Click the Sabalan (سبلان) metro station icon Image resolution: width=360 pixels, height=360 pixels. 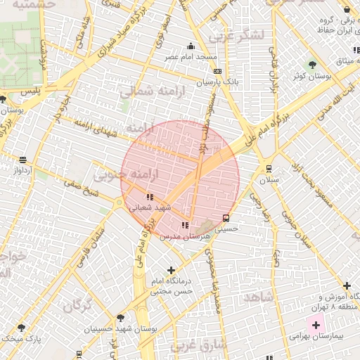269,168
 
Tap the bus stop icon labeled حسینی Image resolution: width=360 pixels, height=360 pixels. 225,218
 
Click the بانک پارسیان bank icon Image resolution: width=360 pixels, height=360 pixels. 217,71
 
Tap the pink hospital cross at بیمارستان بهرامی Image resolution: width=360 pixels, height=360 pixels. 316,325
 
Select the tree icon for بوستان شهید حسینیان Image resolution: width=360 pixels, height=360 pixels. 120,318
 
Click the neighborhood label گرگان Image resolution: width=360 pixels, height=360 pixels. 77,306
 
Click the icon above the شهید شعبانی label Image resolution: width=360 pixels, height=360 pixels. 149,197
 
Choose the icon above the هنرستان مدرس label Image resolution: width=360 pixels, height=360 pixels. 184,225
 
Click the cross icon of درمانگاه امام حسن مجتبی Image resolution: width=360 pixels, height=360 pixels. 172,270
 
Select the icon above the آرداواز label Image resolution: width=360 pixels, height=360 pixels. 22,160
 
